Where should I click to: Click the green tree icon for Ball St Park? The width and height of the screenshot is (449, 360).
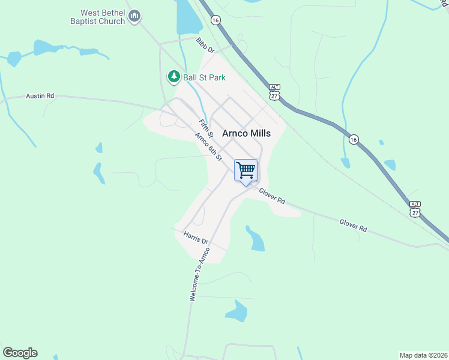173,76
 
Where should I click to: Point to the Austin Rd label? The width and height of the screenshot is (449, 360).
40,95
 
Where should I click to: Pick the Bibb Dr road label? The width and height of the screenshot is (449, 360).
205,46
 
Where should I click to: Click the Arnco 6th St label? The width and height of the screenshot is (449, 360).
209,146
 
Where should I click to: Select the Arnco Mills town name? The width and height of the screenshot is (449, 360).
246,134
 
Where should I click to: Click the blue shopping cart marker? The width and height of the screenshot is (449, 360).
246,171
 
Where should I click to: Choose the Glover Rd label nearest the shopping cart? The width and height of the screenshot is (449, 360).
273,196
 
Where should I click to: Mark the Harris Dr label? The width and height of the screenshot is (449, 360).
196,237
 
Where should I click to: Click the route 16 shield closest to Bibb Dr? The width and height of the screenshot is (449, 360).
215,20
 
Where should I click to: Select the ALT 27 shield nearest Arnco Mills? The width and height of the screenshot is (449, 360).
274,92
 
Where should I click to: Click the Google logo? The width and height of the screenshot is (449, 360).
20,353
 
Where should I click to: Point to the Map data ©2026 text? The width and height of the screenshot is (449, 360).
423,355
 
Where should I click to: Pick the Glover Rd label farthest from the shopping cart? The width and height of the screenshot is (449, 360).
353,225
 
